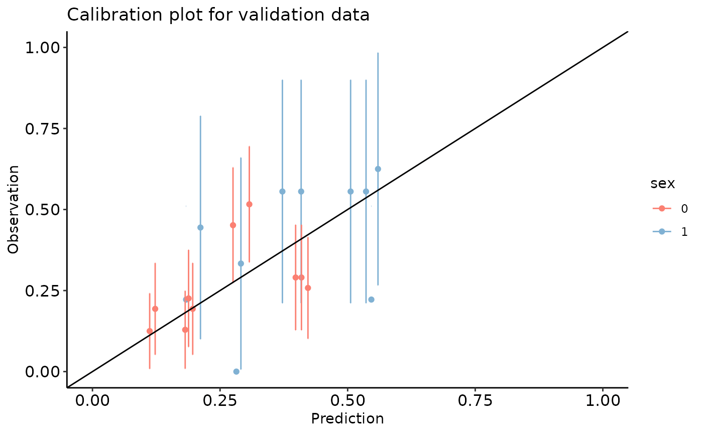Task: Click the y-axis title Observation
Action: [x=14, y=209]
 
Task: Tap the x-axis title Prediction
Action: [x=347, y=419]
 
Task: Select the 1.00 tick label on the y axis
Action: [x=43, y=48]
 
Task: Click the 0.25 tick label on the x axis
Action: [x=220, y=402]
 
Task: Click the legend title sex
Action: [x=662, y=184]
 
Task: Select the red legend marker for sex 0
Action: [x=662, y=208]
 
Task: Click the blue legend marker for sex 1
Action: [x=662, y=231]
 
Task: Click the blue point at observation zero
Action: [x=236, y=371]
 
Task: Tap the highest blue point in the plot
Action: [x=378, y=169]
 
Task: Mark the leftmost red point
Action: [x=150, y=331]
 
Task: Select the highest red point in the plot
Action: [x=249, y=204]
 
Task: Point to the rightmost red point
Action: [x=308, y=288]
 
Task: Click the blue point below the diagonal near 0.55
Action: [x=371, y=300]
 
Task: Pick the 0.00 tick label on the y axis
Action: [x=43, y=372]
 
